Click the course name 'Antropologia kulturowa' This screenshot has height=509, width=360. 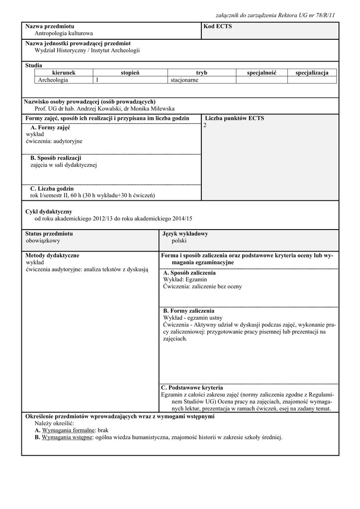pos(64,33)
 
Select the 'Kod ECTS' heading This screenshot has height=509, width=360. pos(218,26)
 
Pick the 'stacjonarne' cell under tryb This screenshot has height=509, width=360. pos(184,80)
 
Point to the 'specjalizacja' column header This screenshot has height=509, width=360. pos(312,73)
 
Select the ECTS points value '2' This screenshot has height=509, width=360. pos(205,125)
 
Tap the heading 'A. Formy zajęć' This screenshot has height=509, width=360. pos(50,127)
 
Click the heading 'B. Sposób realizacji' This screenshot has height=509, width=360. pos(55,158)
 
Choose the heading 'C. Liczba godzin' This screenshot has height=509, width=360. pos(52,189)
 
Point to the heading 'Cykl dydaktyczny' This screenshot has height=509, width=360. pos(48,212)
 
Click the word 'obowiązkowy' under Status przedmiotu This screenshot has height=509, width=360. pos(43,241)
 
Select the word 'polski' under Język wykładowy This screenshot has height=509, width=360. pos(179,241)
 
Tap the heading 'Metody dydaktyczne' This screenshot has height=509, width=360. pos(52,255)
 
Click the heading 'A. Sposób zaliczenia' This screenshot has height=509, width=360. pos(189,273)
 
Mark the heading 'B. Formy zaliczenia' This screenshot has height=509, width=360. pos(188,311)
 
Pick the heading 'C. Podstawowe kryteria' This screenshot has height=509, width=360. pos(191,388)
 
